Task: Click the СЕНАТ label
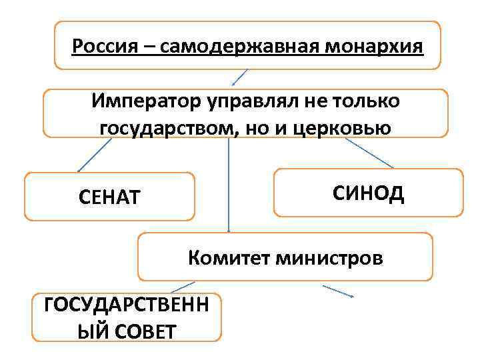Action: [x=110, y=197]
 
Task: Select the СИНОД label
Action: [x=367, y=193]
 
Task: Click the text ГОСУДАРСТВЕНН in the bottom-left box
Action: [x=125, y=305]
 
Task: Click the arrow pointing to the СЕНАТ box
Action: [x=93, y=155]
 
